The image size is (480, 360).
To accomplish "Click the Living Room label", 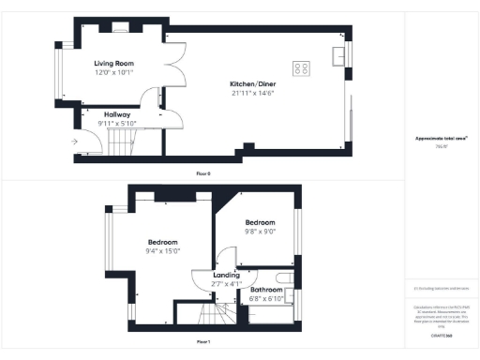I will (113, 63).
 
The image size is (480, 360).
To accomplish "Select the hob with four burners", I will (303, 67).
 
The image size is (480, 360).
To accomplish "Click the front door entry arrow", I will (74, 142).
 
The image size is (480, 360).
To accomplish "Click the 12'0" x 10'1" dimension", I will (113, 72).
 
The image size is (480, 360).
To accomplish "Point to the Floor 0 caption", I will (203, 174).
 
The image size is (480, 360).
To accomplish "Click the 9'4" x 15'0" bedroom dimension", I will (163, 250).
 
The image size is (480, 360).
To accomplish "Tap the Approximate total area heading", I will (442, 139).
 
